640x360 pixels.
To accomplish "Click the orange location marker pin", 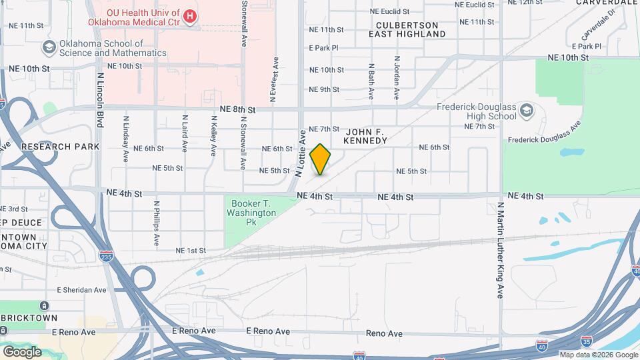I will (x=321, y=159).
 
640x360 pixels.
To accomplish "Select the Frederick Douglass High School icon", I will (x=527, y=110).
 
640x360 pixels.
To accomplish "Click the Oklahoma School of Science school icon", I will (x=49, y=47).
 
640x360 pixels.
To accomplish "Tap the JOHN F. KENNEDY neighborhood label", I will (x=365, y=137).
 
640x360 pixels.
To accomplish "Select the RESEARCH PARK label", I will (x=60, y=147).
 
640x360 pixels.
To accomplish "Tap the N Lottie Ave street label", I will (x=301, y=153).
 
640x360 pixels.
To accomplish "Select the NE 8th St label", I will (x=238, y=109).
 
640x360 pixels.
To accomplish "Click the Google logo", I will (x=23, y=351).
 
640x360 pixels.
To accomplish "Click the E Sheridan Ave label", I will (x=81, y=290).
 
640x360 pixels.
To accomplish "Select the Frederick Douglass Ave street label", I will (x=545, y=133).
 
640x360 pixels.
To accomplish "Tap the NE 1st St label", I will (x=191, y=251).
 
